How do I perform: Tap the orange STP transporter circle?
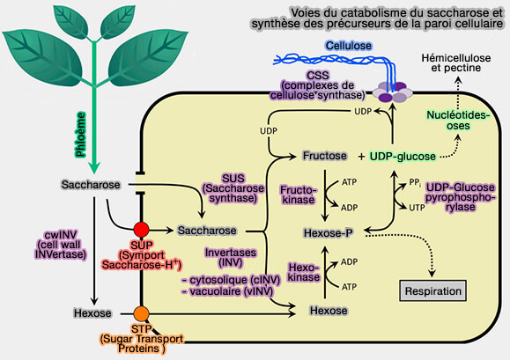(141, 312)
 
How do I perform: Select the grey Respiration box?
(432, 290)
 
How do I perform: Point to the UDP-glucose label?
(403, 156)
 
